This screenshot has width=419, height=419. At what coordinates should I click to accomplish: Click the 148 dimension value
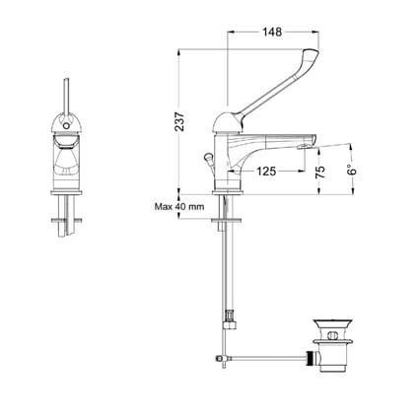tap(272, 32)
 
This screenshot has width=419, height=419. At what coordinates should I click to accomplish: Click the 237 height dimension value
tap(179, 122)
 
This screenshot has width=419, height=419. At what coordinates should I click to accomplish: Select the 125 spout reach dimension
tap(266, 172)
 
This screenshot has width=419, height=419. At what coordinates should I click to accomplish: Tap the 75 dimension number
tap(320, 173)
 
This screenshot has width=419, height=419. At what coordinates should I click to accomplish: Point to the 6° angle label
tap(352, 170)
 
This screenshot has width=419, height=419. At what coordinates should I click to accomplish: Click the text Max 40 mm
tap(179, 207)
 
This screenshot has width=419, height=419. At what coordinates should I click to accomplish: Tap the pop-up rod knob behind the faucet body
tap(208, 158)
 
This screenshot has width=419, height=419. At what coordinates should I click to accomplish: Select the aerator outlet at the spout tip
tap(304, 147)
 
